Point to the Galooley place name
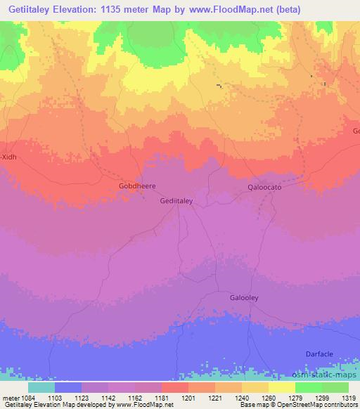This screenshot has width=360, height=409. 244,298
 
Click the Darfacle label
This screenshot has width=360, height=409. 322,353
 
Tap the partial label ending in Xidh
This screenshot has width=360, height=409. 8,157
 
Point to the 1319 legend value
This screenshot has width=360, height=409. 339,398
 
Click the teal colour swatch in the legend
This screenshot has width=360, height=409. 41,387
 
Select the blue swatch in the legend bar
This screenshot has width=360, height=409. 68,387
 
